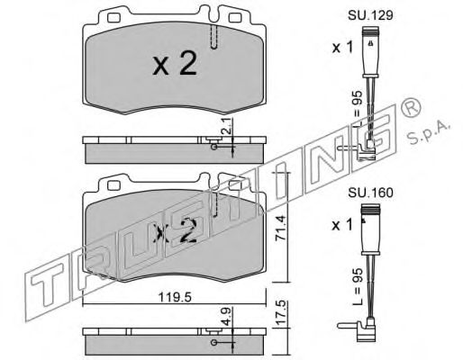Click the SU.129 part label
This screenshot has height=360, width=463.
(370, 15)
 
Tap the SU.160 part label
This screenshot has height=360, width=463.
(370, 193)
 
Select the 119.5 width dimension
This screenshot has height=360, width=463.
(175, 297)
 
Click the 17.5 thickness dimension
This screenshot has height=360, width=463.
(280, 313)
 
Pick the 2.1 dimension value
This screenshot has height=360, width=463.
(228, 126)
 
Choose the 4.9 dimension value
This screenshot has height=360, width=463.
(228, 316)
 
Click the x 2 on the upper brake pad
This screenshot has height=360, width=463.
(175, 63)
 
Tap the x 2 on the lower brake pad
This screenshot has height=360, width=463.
(175, 230)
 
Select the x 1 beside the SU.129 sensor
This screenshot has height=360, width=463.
(342, 48)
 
